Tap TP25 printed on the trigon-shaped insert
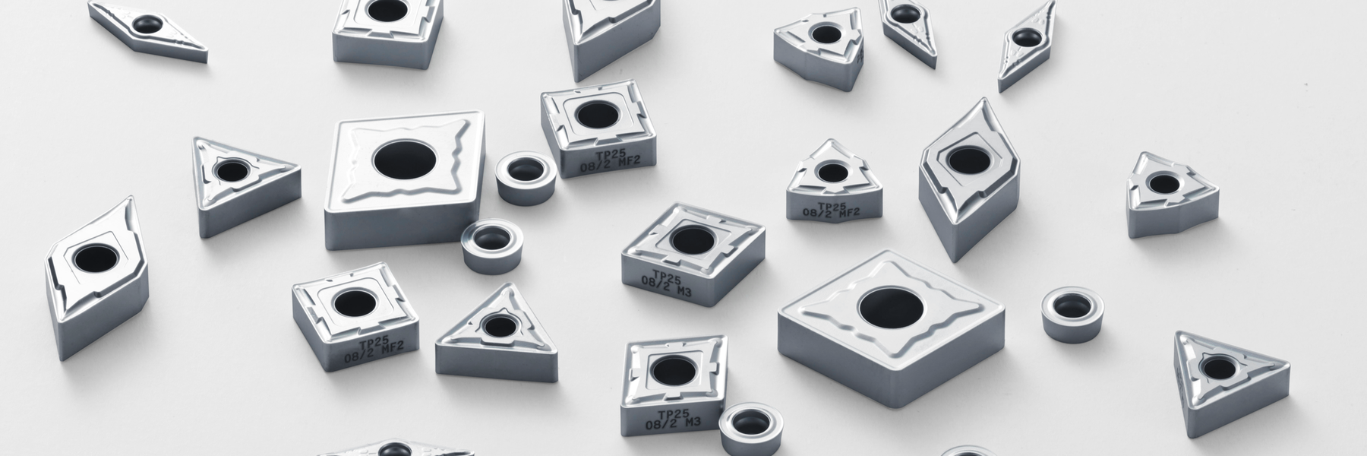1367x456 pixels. coord(833,206)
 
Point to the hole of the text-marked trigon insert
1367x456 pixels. coord(832,172)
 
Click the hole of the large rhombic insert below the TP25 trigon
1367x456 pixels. coord(889,308)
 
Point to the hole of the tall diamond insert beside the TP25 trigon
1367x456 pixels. coord(968,160)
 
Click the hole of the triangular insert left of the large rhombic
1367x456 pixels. coord(228,170)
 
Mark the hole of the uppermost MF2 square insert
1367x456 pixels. coord(596,115)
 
